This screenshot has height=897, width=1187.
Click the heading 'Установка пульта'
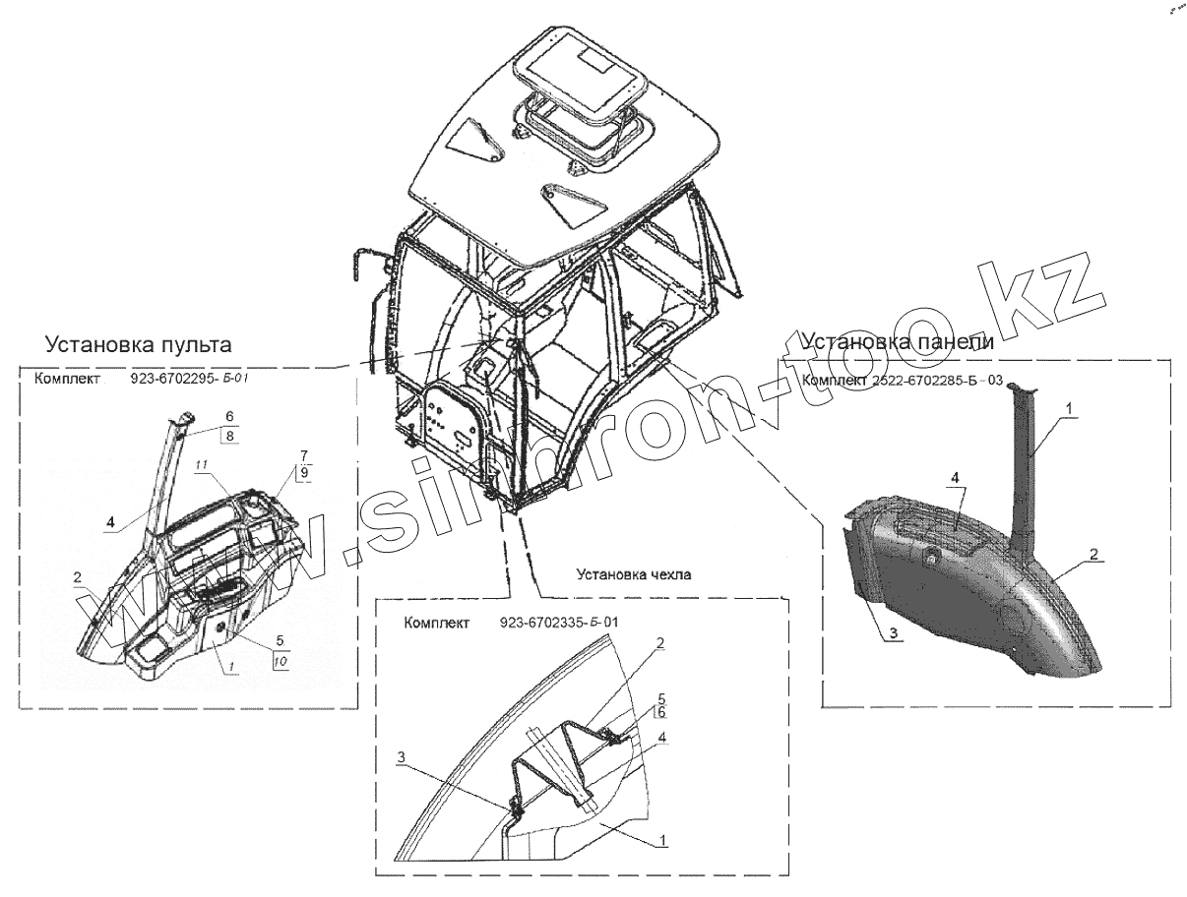[138, 345]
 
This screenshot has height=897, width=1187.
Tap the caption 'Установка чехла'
[630, 575]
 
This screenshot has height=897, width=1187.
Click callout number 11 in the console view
[201, 464]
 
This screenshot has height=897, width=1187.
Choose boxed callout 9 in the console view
[304, 473]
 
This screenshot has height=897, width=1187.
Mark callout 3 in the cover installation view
[402, 756]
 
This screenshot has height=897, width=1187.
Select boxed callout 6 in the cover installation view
[661, 712]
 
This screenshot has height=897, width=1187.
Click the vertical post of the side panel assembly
[1028, 462]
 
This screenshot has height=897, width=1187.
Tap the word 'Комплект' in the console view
[65, 379]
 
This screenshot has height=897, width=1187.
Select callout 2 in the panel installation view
[1093, 555]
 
